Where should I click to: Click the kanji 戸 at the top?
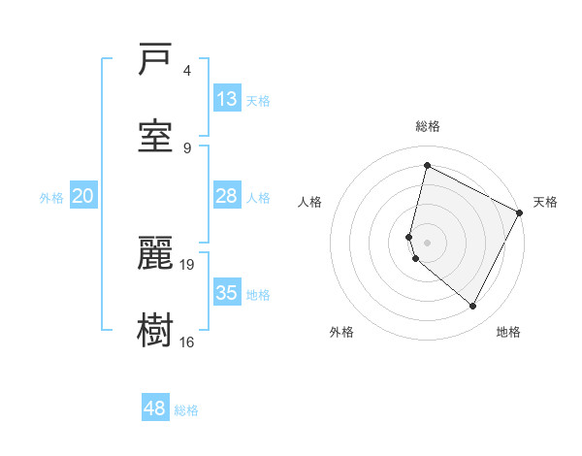155,61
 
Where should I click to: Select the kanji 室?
155,136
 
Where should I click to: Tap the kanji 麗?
155,253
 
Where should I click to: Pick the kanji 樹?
155,330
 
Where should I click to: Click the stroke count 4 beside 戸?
187,71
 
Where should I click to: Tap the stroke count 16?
187,342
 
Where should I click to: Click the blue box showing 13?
227,98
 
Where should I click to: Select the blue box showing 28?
227,196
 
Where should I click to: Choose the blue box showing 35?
227,292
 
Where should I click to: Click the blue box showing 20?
83,196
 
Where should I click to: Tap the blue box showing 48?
155,408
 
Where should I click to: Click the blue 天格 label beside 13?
258,100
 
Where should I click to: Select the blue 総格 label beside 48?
186,410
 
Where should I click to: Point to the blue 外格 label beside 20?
51,198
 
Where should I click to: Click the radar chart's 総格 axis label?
428,126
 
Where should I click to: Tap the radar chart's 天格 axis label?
545,202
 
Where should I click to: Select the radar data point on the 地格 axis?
473,307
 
